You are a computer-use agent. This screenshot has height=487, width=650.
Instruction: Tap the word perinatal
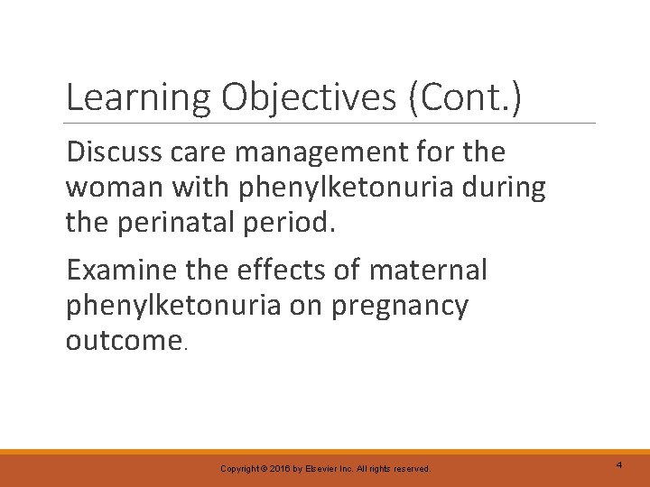180,223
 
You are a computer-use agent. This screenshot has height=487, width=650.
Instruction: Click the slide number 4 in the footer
619,464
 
